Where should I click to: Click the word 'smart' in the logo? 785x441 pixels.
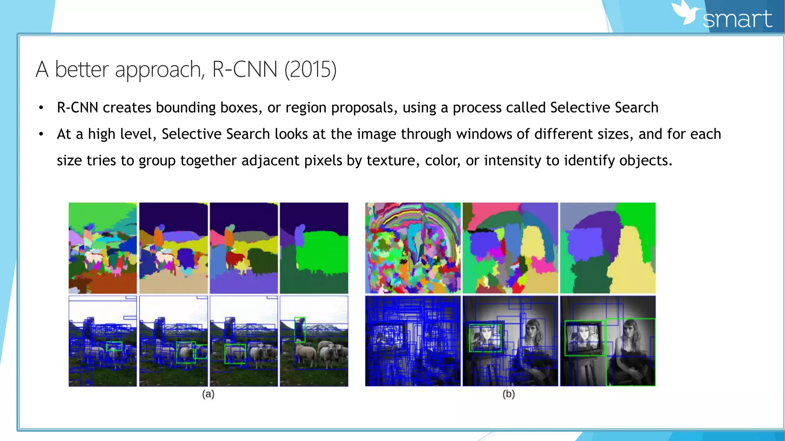737,19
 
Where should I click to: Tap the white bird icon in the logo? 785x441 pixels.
686,13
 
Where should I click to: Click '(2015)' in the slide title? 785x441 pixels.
310,70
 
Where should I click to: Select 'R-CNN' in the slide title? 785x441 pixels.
245,70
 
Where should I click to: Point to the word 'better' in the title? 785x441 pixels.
82,70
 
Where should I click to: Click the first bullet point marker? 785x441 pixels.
41,108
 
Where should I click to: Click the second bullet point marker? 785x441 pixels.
41,134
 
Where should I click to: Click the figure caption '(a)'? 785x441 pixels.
208,394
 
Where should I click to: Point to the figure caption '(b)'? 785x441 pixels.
508,394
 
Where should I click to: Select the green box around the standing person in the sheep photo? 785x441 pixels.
300,329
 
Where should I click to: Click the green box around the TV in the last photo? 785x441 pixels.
584,338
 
